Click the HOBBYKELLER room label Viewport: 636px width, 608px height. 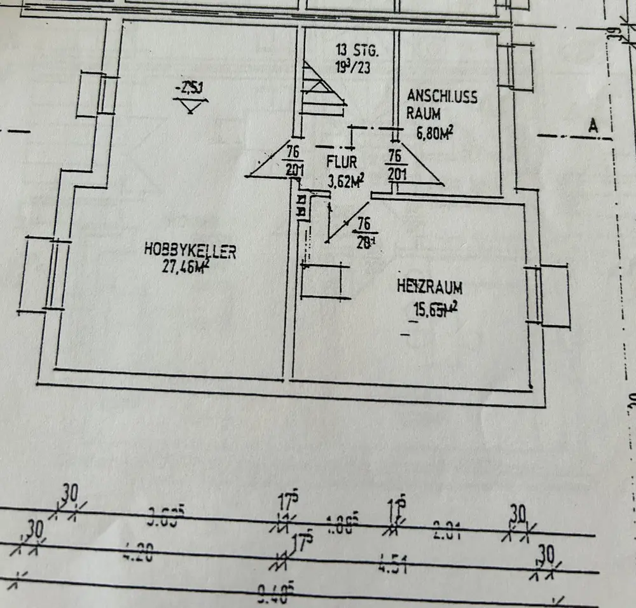tap(190, 251)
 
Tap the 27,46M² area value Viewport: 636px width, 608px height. tap(186, 266)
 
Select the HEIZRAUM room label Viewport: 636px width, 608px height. tap(429, 287)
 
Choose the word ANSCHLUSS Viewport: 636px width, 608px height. tap(442, 97)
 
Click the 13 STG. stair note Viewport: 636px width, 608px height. tap(357, 49)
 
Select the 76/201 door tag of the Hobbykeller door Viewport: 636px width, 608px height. tap(293, 161)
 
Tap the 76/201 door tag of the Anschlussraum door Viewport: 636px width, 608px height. tap(394, 164)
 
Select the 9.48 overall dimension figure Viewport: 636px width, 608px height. tap(275, 595)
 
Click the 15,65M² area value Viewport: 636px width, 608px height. tap(435, 310)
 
